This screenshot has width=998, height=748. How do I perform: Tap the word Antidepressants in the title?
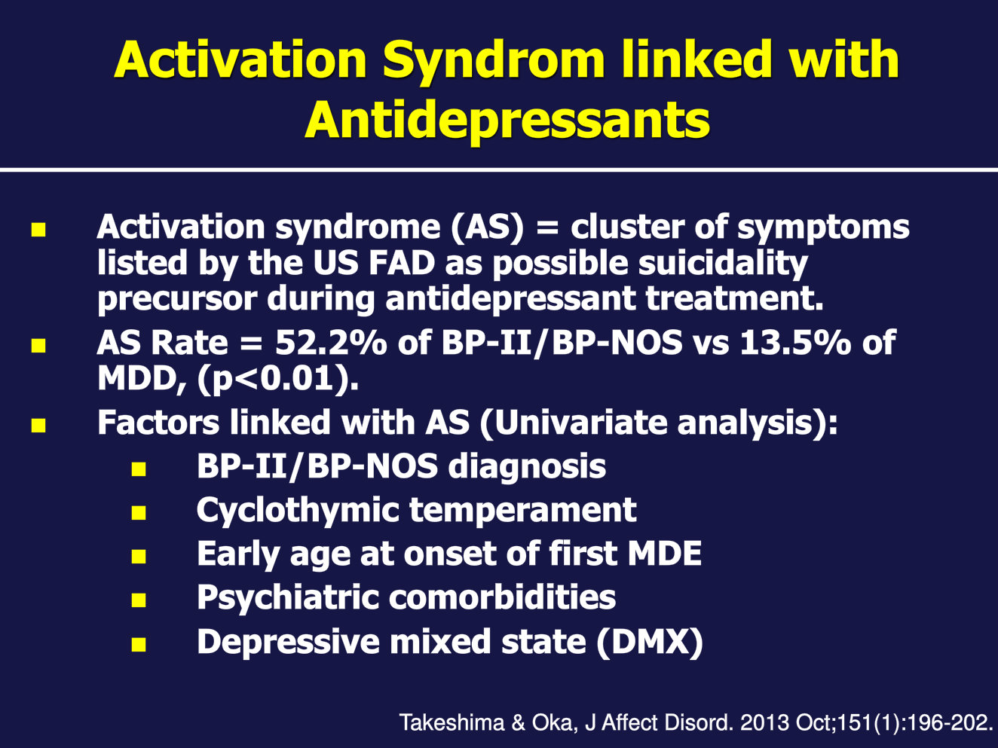[507, 120]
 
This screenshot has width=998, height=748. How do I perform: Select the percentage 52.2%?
[331, 343]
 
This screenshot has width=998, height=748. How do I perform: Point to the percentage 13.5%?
[794, 343]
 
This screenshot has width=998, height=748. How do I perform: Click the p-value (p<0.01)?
[278, 379]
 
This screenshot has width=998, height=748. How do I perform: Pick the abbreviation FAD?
[402, 263]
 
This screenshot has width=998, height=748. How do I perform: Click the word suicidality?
[723, 264]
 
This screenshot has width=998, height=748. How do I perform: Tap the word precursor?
[177, 301]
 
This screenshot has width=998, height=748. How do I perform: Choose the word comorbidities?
[503, 597]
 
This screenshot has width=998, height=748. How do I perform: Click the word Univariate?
[580, 423]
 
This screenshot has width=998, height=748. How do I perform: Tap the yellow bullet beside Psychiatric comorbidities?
[138, 600]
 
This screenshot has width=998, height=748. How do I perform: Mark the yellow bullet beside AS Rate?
[38, 346]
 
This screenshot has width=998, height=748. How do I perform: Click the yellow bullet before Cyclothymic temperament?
[138, 513]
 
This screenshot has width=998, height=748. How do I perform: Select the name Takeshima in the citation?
[452, 723]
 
